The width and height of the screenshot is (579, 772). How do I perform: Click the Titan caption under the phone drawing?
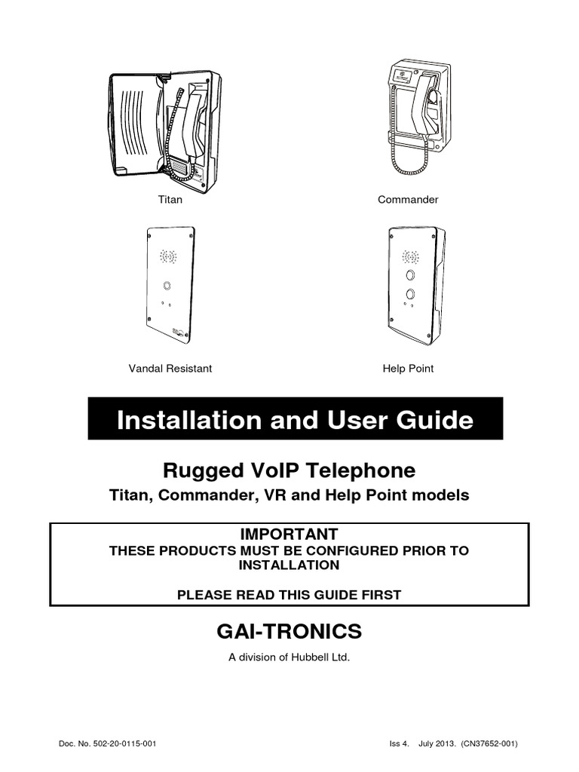[x=170, y=200]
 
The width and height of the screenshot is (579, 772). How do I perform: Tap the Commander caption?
[x=408, y=200]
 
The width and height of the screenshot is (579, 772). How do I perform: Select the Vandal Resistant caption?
[x=170, y=369]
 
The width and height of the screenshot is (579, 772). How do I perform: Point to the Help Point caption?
[x=408, y=369]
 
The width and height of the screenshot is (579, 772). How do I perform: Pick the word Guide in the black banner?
[x=437, y=420]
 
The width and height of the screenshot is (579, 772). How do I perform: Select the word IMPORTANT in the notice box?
[x=289, y=534]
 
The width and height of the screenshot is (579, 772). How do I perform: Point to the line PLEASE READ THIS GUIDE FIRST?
[x=289, y=595]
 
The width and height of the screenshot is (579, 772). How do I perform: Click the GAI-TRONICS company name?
[x=289, y=631]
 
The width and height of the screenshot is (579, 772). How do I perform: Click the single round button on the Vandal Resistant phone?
[x=166, y=286]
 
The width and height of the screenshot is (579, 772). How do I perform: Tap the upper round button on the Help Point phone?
[x=410, y=276]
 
